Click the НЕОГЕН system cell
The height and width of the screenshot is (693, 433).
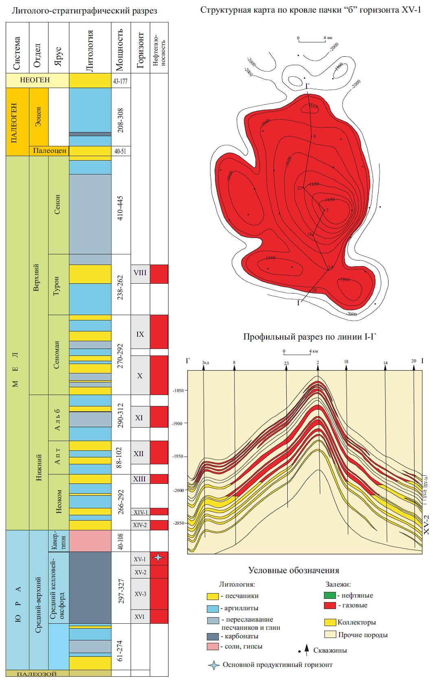click(35, 80)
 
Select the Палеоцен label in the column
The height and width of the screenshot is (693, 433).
click(50, 150)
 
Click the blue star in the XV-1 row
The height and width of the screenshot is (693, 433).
click(159, 557)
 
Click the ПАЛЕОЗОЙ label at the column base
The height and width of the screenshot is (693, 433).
click(37, 674)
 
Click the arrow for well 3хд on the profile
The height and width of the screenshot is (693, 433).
click(204, 367)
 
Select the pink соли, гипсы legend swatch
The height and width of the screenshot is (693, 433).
click(212, 646)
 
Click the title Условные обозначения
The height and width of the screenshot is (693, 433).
click(293, 570)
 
